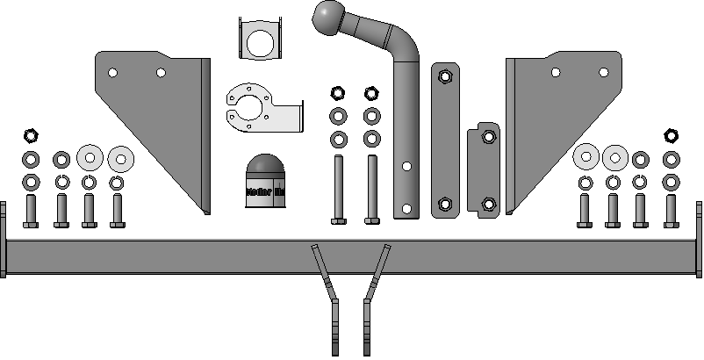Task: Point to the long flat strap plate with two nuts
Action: [445, 140]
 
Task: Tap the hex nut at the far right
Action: [672, 135]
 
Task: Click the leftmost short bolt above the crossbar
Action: [31, 211]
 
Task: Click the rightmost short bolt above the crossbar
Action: [672, 211]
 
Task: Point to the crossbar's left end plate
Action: [3, 239]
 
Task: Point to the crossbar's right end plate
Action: [700, 239]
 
